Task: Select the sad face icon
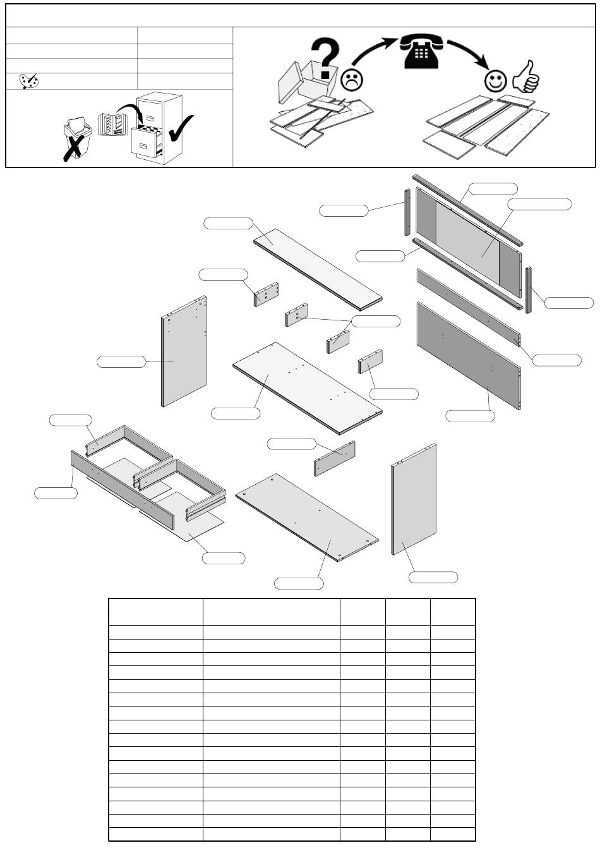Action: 351,80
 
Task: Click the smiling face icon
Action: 496,80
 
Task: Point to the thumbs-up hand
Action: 526,77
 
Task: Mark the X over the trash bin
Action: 74,146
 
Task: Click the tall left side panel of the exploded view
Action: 184,351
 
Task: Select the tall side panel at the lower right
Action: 414,500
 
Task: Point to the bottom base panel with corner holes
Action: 307,517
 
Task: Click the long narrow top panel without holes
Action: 318,268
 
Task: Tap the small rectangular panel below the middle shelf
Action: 335,458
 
